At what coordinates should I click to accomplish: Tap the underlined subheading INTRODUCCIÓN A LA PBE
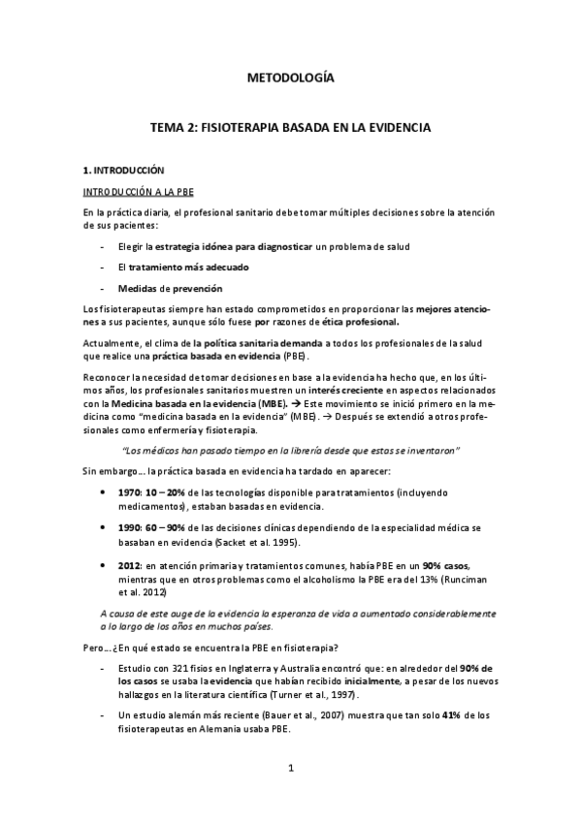coord(138,191)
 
